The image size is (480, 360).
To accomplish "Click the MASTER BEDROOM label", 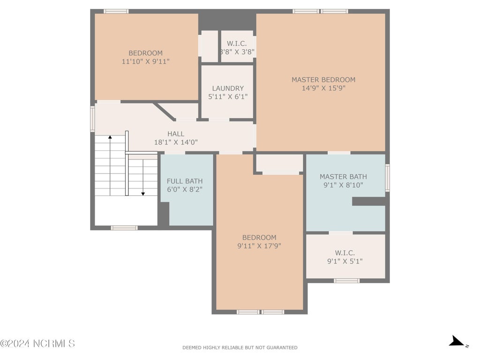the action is [x=323, y=80].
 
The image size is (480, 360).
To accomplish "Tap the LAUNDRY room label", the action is [x=228, y=88].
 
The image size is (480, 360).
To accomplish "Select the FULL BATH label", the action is [x=185, y=181].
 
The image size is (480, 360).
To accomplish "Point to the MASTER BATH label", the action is [x=343, y=177].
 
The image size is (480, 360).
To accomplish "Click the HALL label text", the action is [x=176, y=134].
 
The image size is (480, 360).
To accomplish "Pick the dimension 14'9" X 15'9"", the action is [x=323, y=88].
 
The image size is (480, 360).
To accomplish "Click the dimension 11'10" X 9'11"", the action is [x=146, y=61].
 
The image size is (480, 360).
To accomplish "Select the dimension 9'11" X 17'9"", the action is [x=259, y=246].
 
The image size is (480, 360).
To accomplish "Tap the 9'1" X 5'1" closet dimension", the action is [x=345, y=261].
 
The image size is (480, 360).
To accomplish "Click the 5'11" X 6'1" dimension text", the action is [x=228, y=97].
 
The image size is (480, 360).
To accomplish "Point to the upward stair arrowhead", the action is [x=110, y=137].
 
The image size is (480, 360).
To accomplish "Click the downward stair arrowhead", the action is [x=143, y=194].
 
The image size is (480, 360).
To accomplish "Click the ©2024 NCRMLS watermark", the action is [x=37, y=344].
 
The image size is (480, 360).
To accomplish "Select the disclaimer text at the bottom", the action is [x=240, y=347].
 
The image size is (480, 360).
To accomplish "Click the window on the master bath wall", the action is [x=387, y=178].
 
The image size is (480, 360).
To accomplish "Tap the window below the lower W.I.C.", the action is [x=346, y=281].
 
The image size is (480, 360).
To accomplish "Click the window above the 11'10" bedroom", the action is [x=116, y=11].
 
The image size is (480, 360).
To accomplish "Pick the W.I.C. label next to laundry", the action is [x=237, y=44].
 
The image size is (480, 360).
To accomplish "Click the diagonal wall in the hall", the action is [x=164, y=112].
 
